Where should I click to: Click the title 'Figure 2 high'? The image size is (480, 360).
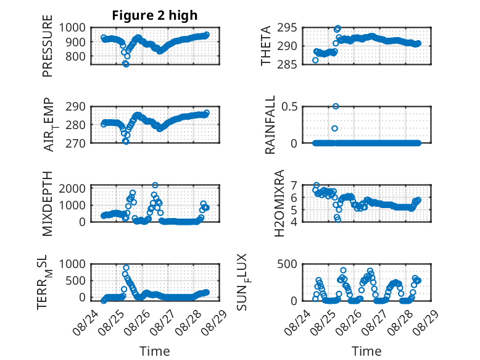(x=155, y=15)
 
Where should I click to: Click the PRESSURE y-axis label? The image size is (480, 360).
(x=48, y=46)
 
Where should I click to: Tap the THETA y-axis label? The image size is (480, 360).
(x=265, y=46)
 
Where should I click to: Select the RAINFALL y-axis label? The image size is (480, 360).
(x=270, y=125)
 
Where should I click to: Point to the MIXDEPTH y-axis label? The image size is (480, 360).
(x=48, y=204)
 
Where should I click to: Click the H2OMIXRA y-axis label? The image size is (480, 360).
(x=279, y=203)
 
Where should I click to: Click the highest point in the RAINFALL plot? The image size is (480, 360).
(x=336, y=106)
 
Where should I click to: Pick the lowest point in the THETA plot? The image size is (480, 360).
(x=315, y=61)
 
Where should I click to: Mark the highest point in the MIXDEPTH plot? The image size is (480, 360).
(x=155, y=185)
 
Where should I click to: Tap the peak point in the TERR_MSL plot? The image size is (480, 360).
(x=126, y=268)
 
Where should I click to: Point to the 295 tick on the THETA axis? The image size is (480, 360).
(x=287, y=28)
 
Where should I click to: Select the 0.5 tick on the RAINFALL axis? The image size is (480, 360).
(x=289, y=107)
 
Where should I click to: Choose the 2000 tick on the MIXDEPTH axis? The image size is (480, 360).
(x=72, y=188)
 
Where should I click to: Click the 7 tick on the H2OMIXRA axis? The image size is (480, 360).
(x=294, y=185)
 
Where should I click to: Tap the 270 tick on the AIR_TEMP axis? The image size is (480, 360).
(x=75, y=143)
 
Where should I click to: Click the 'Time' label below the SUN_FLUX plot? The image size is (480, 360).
(x=366, y=351)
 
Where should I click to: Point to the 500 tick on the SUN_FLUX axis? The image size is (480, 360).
(x=287, y=264)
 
